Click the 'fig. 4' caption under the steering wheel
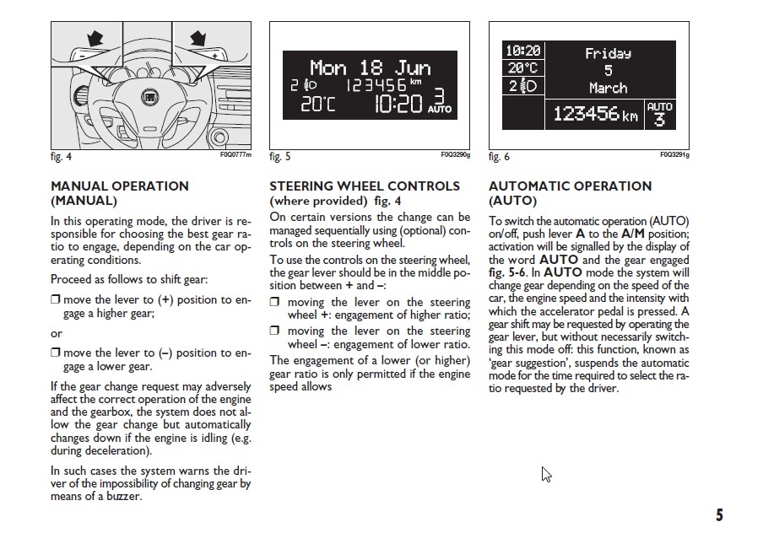coord(61,156)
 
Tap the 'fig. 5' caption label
coord(280,156)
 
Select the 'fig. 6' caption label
coord(499,156)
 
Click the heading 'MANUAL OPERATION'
coord(120,186)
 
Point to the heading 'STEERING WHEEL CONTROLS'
coord(365,186)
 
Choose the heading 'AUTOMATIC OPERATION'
coord(571,186)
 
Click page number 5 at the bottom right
coord(718,515)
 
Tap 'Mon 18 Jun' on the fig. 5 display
coord(370,67)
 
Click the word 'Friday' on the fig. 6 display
coord(608,53)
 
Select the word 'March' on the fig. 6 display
coord(608,88)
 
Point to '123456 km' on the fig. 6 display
coord(595,114)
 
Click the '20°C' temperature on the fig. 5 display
coord(318,104)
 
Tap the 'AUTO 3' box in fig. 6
coord(659,114)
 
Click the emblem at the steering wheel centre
coord(149,100)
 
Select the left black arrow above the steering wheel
coord(93,38)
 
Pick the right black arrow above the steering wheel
coord(199,38)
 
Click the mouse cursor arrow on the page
coord(546,474)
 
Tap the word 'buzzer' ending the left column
coord(122,496)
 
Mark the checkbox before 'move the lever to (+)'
coord(55,300)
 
